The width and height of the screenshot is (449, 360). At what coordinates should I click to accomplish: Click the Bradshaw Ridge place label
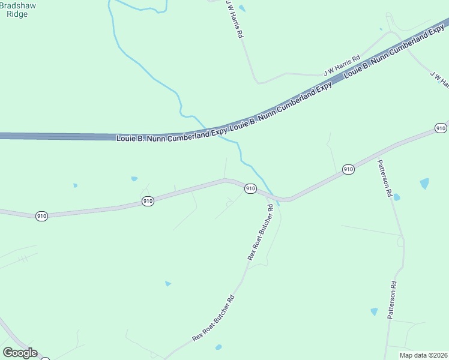tap(17, 8)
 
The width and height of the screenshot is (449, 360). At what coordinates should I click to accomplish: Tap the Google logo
tap(20, 353)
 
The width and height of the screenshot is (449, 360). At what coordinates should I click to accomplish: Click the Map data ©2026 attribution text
tap(424, 355)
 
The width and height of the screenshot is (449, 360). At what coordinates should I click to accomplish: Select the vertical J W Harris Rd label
tap(234, 19)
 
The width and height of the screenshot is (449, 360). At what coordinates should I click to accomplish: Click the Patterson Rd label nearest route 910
tap(384, 179)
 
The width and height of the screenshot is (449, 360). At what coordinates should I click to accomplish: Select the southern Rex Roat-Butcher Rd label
tap(214, 319)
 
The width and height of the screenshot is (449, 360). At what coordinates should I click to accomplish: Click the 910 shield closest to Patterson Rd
tap(348, 170)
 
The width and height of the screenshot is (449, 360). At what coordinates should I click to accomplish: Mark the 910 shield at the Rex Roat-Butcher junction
tap(251, 189)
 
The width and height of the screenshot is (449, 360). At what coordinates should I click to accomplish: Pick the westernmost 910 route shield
tap(41, 216)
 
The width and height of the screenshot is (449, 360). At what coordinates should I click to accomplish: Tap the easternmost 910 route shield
tap(441, 128)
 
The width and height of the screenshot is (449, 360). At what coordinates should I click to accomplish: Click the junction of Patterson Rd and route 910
tap(375, 157)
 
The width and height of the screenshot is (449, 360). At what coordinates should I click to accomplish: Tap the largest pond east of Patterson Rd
tap(425, 184)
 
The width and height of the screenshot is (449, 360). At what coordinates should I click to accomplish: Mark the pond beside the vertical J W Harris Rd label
tap(242, 8)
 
